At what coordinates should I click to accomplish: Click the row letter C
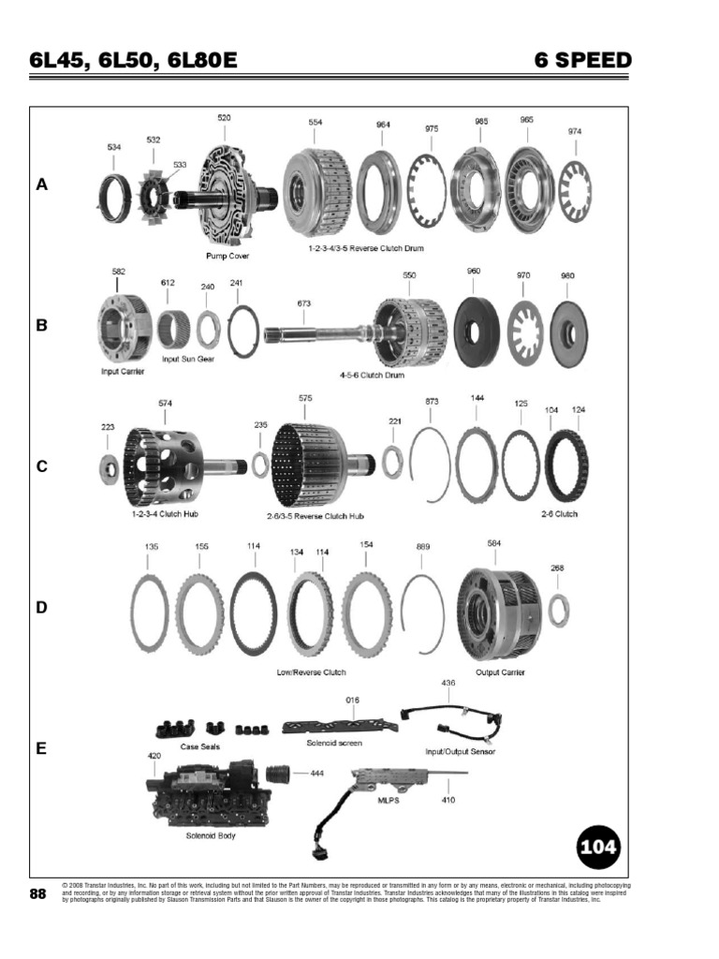41,466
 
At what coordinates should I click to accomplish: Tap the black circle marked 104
597,848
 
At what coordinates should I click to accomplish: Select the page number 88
38,894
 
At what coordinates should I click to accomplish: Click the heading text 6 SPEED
582,62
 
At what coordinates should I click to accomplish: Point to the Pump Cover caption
227,255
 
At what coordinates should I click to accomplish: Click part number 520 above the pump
224,118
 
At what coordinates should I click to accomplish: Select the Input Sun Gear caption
187,359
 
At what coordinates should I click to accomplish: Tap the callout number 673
303,303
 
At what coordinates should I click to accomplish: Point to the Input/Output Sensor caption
460,751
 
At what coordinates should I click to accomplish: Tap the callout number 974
575,132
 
